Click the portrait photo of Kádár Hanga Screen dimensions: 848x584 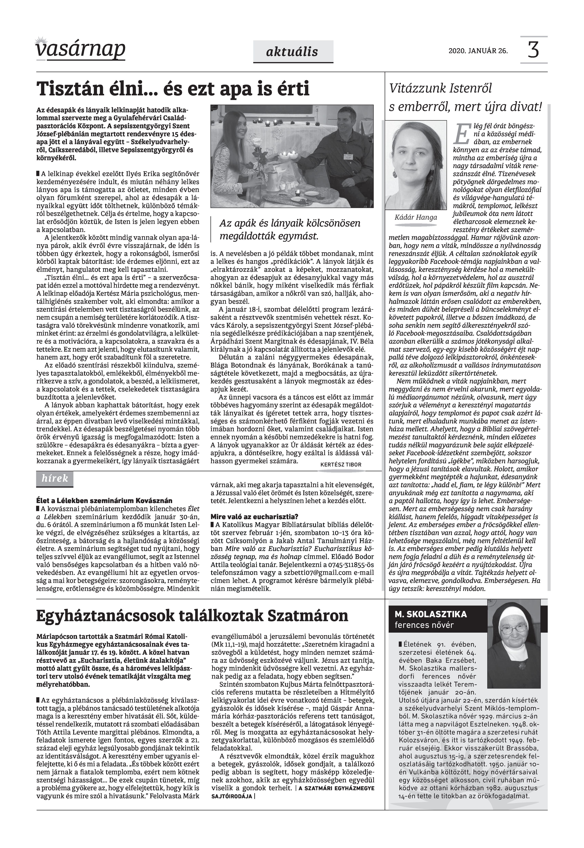tap(416, 164)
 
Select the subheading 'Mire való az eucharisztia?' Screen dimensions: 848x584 tap(254, 517)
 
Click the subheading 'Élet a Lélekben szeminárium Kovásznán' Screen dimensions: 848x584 tap(104, 500)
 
